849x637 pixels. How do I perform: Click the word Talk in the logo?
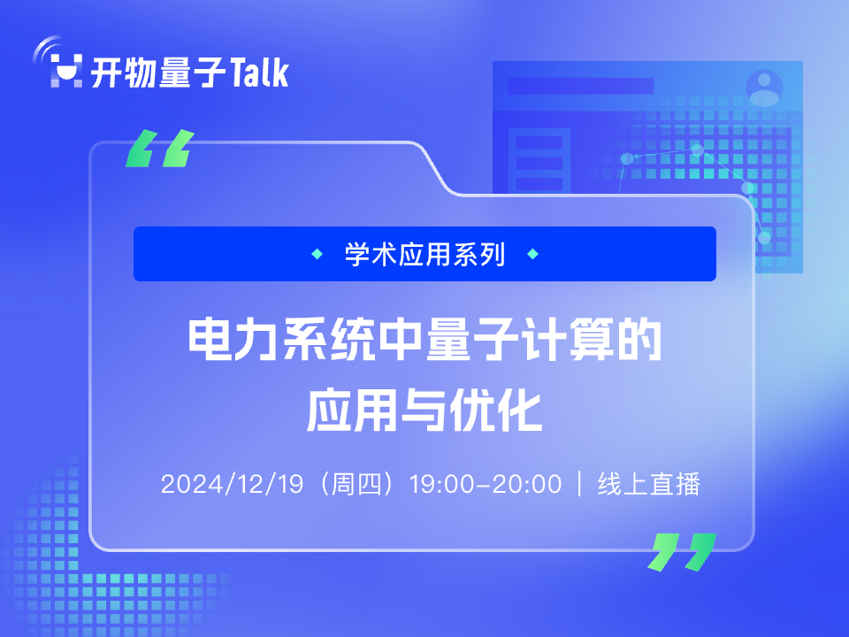click(259, 72)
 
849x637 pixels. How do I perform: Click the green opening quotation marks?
click(160, 148)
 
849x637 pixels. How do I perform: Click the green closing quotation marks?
click(682, 552)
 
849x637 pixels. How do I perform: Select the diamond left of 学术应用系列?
click(317, 254)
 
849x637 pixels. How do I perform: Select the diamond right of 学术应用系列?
click(532, 254)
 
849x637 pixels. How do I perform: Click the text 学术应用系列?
click(425, 254)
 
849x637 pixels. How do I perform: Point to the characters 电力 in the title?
click(233, 340)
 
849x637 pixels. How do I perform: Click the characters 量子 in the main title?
click(472, 340)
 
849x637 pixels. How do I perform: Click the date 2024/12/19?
click(233, 484)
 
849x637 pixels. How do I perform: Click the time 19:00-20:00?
click(486, 484)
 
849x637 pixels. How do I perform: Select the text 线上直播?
click(648, 484)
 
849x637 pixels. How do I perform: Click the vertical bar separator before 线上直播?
click(580, 484)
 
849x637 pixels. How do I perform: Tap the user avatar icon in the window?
click(764, 88)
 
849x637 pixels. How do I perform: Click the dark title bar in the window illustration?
click(581, 86)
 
